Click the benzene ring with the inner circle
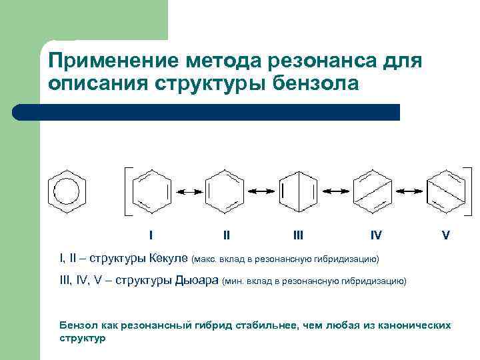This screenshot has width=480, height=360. tap(67, 191)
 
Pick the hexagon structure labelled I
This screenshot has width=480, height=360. tap(151, 191)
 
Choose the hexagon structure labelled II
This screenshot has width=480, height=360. tap(225, 191)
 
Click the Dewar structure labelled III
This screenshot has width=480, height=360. tap(298, 191)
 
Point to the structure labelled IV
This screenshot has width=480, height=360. tap(370, 191)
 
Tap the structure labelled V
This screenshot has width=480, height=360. tap(444, 191)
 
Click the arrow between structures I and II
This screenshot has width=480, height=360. tap(189, 191)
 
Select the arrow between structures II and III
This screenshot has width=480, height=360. tap(261, 191)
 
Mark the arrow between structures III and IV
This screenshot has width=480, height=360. tap(334, 191)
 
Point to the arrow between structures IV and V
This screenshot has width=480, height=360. tap(407, 191)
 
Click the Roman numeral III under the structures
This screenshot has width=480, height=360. tap(298, 235)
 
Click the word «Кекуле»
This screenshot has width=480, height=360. tap(169, 257)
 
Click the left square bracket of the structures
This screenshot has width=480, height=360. tap(126, 191)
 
